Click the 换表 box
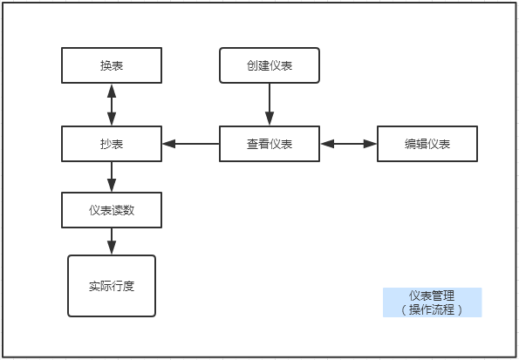tap(112, 65)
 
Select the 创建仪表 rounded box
tap(270, 65)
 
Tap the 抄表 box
tap(112, 144)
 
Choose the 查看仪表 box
tap(270, 144)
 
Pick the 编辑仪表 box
tap(427, 144)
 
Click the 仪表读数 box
tap(112, 210)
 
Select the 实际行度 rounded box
tap(112, 286)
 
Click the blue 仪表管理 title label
tap(433, 302)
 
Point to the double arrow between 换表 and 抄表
tap(112, 105)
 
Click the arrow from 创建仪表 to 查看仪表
tap(270, 105)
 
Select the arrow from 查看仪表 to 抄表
tap(191, 144)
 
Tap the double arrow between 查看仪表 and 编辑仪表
tap(349, 144)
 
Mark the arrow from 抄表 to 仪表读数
tap(112, 177)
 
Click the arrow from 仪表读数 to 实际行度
tap(112, 241)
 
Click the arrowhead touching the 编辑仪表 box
tap(370, 144)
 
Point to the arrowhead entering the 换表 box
tap(112, 91)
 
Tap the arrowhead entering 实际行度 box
tap(112, 248)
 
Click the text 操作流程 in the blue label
tap(432, 309)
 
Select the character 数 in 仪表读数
tap(129, 210)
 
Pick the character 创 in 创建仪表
tap(252, 65)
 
